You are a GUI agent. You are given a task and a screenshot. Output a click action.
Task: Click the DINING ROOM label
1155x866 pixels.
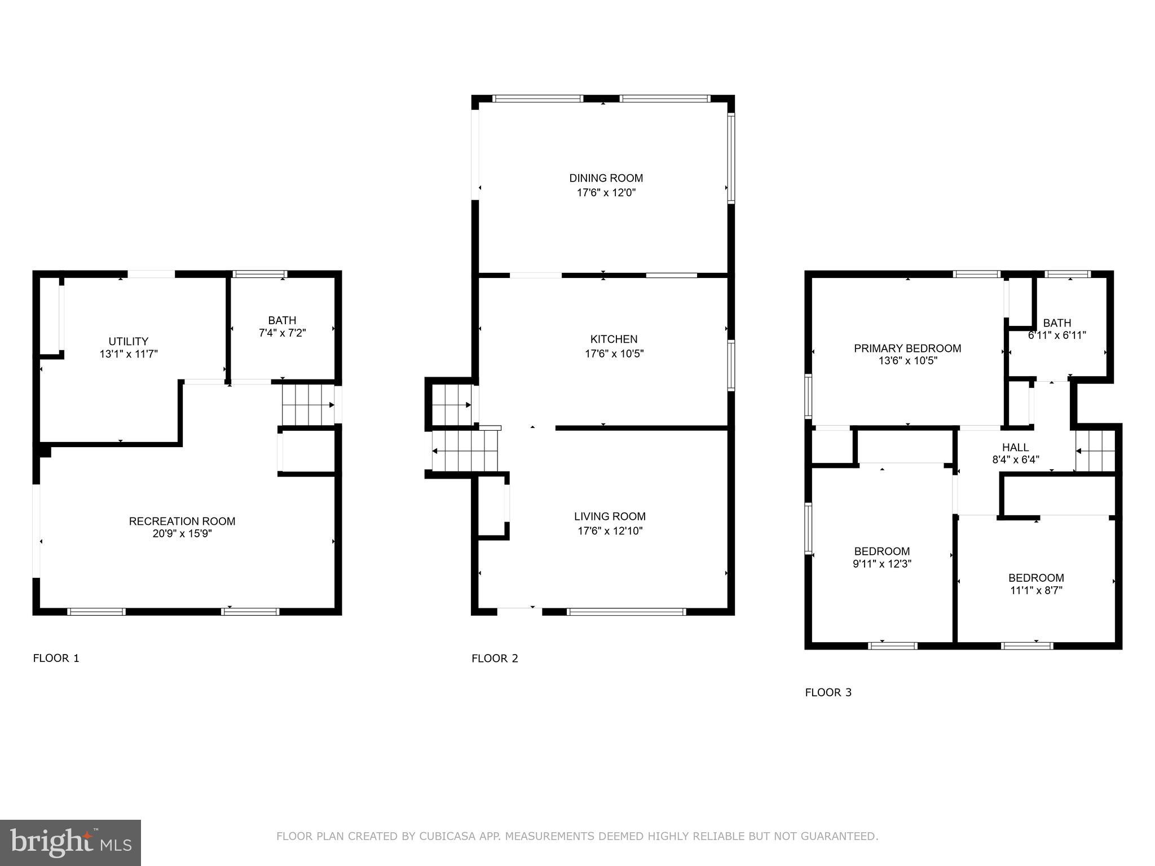coord(606,178)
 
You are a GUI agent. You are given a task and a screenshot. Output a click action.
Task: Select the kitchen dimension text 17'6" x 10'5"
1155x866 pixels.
coord(614,354)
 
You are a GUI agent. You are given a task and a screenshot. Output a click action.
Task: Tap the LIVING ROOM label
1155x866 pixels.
coord(610,516)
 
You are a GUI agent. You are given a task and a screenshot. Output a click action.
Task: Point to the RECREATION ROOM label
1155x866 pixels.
coord(182,521)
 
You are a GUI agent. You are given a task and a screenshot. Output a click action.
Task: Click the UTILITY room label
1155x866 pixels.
coord(129,341)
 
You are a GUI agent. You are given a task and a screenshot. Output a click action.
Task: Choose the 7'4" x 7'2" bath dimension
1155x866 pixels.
coord(282,333)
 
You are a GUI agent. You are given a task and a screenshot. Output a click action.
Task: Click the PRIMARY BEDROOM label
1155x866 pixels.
coord(907,348)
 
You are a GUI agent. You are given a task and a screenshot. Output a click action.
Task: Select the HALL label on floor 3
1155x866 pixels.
coord(1015,447)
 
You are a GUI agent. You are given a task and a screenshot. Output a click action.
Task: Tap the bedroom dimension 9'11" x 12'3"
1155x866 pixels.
coord(881,563)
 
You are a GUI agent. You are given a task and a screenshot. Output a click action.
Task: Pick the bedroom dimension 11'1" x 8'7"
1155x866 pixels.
coord(1036,590)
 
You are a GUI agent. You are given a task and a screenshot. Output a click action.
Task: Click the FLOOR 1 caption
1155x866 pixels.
coord(56,658)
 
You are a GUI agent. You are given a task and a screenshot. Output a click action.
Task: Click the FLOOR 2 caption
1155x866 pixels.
coord(495,658)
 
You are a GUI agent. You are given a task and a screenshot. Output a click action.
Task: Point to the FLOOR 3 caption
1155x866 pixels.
coord(828,692)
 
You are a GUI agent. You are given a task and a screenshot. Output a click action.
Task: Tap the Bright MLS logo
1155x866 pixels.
coord(70,843)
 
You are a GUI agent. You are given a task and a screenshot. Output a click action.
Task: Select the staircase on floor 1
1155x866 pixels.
coord(308,405)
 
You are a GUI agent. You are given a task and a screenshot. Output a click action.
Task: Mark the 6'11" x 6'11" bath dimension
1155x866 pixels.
coord(1057,335)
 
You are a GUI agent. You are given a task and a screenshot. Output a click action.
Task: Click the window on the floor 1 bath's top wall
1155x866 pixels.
coord(260,275)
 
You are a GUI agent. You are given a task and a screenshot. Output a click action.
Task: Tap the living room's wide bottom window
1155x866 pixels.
coord(626,612)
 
